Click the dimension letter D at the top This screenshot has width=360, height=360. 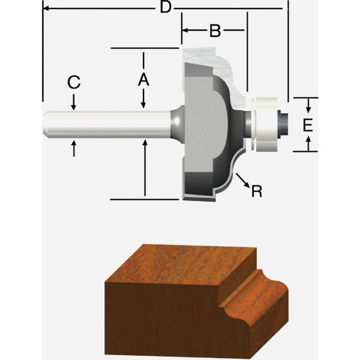(x=164, y=8)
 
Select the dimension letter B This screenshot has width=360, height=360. (x=215, y=31)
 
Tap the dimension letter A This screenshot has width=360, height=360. (x=143, y=79)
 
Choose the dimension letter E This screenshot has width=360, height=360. (x=308, y=125)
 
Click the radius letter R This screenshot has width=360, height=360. (x=257, y=191)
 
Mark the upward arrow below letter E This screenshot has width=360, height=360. (x=309, y=144)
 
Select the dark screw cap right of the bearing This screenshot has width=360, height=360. (x=282, y=121)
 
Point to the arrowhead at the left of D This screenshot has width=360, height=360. (x=46, y=9)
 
